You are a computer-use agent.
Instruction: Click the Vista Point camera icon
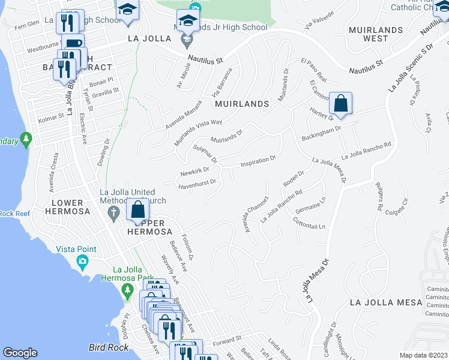(82, 261)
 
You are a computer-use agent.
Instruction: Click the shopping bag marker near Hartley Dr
(340, 103)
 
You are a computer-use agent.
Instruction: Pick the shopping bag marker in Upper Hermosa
(137, 209)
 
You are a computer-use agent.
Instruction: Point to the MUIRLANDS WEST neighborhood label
(367, 34)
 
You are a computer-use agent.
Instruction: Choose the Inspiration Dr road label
(258, 161)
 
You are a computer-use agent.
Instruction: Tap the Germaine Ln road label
(310, 206)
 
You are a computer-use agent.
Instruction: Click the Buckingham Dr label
(321, 131)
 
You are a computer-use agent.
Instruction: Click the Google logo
(20, 353)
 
